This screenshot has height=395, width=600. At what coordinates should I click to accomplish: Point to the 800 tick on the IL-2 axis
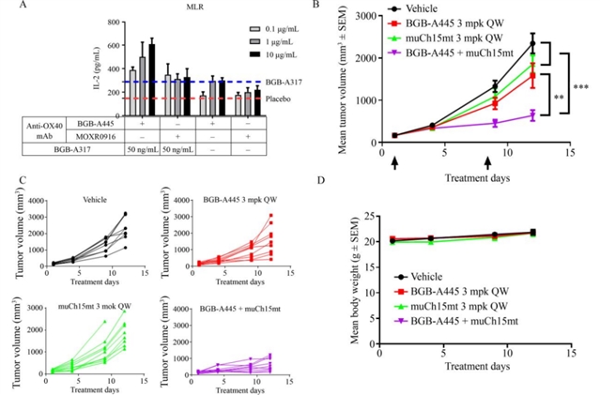[x=114, y=22]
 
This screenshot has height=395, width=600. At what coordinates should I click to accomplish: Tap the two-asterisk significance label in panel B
[x=559, y=97]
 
